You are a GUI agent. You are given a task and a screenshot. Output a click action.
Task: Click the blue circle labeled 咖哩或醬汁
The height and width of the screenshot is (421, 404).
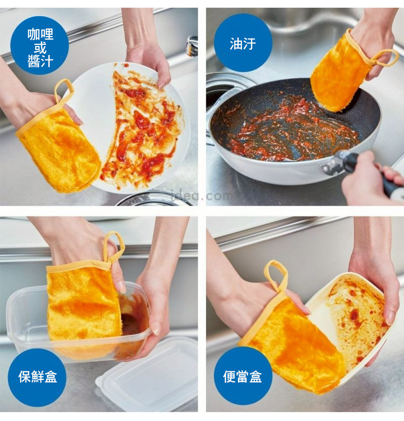pyautogui.click(x=40, y=45)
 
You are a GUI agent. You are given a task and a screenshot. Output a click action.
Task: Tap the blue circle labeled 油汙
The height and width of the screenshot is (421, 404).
pyautogui.click(x=243, y=42)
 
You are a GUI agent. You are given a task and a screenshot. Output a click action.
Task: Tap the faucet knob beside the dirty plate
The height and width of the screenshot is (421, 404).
pyautogui.click(x=192, y=46)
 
